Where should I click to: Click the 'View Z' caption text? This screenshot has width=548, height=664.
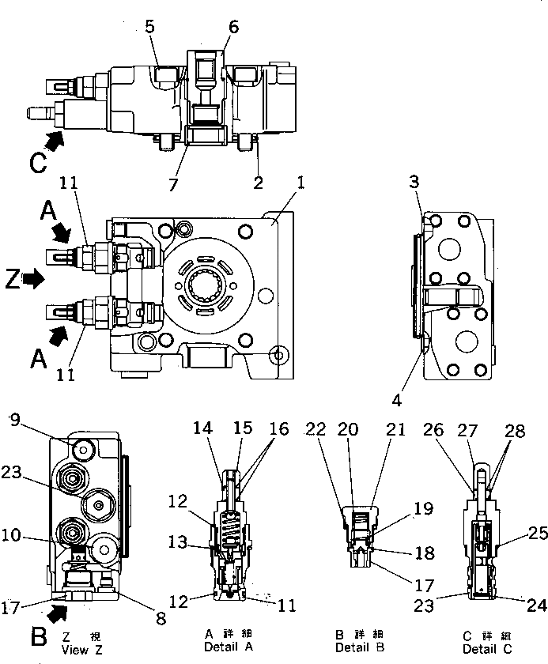tap(81, 650)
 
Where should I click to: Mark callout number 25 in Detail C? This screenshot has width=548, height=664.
tap(538, 534)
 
